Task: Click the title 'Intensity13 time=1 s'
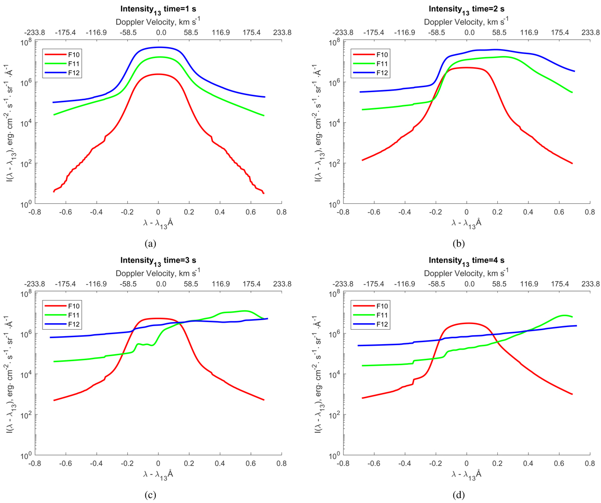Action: click(x=158, y=9)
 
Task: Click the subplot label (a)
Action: click(x=149, y=243)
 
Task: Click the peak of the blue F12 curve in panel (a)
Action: click(x=158, y=47)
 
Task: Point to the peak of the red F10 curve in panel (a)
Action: click(x=158, y=74)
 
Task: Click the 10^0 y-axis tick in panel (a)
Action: click(x=27, y=204)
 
